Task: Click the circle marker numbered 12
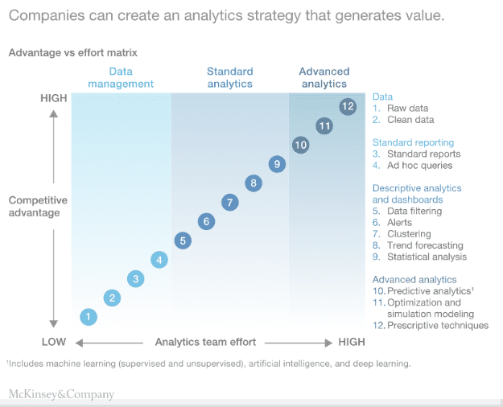click(348, 106)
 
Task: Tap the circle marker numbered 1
click(89, 317)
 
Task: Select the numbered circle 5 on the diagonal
click(183, 240)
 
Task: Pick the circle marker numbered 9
click(277, 164)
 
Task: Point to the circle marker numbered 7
click(230, 202)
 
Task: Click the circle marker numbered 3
click(136, 279)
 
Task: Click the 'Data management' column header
click(121, 77)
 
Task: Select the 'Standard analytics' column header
click(229, 77)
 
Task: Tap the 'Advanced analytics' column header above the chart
click(323, 77)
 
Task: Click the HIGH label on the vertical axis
click(54, 98)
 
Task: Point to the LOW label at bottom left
click(53, 342)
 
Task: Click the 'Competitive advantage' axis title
click(39, 207)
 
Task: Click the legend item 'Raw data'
click(407, 108)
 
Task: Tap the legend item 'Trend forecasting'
click(425, 245)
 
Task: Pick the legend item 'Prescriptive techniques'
click(437, 326)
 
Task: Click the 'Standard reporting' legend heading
click(413, 142)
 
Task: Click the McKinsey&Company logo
click(61, 394)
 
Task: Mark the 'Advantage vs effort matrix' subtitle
click(73, 52)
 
